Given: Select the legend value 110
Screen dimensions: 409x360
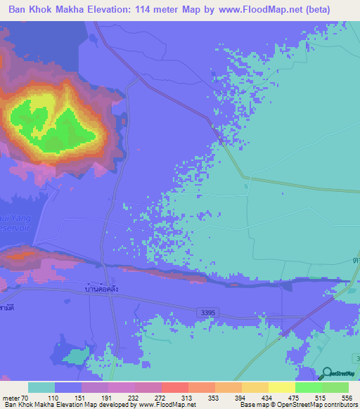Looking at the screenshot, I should coord(68,398).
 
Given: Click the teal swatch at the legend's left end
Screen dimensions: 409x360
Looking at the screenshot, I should coord(41,387).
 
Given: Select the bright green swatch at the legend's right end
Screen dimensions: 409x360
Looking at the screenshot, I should coord(335,387).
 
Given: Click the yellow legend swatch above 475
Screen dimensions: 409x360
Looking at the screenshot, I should coord(281,387).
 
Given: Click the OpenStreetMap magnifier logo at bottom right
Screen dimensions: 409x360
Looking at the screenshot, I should coord(326,375).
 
